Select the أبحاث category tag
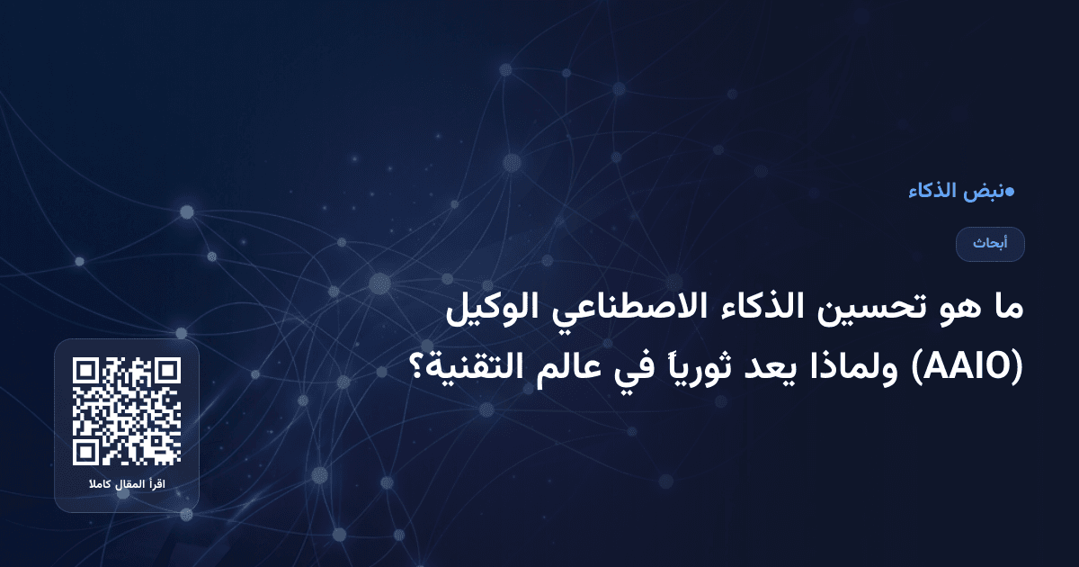click(x=990, y=244)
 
